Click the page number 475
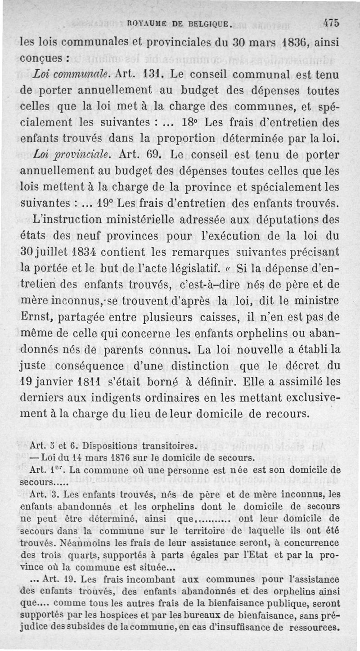click(331, 23)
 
